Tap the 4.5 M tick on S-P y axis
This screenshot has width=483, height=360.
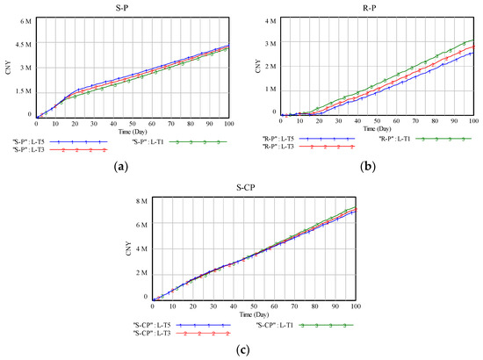click(x=21, y=43)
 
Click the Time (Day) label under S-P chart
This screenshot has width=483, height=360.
click(x=132, y=131)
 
